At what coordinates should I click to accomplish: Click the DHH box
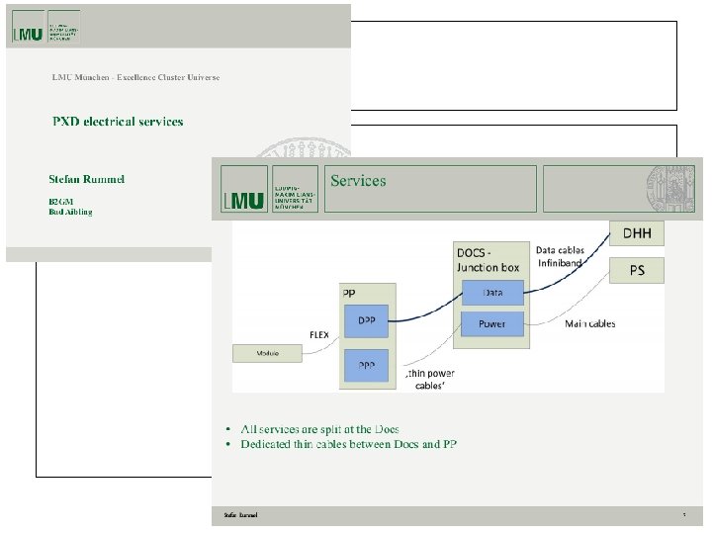(636, 233)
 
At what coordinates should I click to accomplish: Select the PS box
(636, 270)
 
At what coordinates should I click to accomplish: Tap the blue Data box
(491, 293)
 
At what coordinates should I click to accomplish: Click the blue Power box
(491, 323)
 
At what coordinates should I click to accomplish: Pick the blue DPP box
(365, 320)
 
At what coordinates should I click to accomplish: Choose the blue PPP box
(365, 366)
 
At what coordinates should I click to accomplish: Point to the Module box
(267, 353)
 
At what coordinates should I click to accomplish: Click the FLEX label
(319, 335)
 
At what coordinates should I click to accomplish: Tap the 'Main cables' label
(589, 323)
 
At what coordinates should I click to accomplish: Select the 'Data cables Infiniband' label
(560, 257)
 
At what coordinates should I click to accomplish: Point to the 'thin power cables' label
(430, 380)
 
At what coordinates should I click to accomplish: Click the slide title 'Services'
(358, 181)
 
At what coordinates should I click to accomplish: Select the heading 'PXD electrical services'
(118, 122)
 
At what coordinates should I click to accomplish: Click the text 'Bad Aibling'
(70, 212)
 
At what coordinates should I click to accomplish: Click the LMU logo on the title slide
(29, 33)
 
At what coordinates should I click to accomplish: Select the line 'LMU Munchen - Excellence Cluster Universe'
(135, 77)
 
